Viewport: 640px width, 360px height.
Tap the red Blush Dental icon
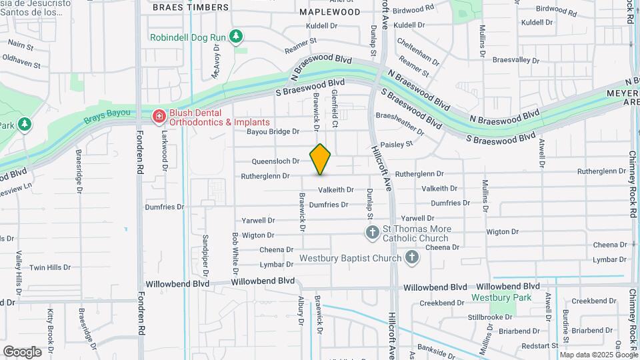click(x=159, y=117)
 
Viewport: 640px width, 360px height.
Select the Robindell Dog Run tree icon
click(x=235, y=37)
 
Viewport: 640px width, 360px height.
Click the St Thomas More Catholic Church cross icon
click(x=372, y=233)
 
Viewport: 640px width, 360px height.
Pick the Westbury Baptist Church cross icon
click(x=412, y=257)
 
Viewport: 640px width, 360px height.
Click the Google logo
click(x=22, y=351)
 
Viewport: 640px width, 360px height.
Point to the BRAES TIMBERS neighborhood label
click(x=190, y=7)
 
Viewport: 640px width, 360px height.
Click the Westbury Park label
click(x=501, y=297)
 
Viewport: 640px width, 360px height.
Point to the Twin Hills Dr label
click(x=49, y=267)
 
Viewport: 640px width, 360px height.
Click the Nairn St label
click(x=21, y=45)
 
